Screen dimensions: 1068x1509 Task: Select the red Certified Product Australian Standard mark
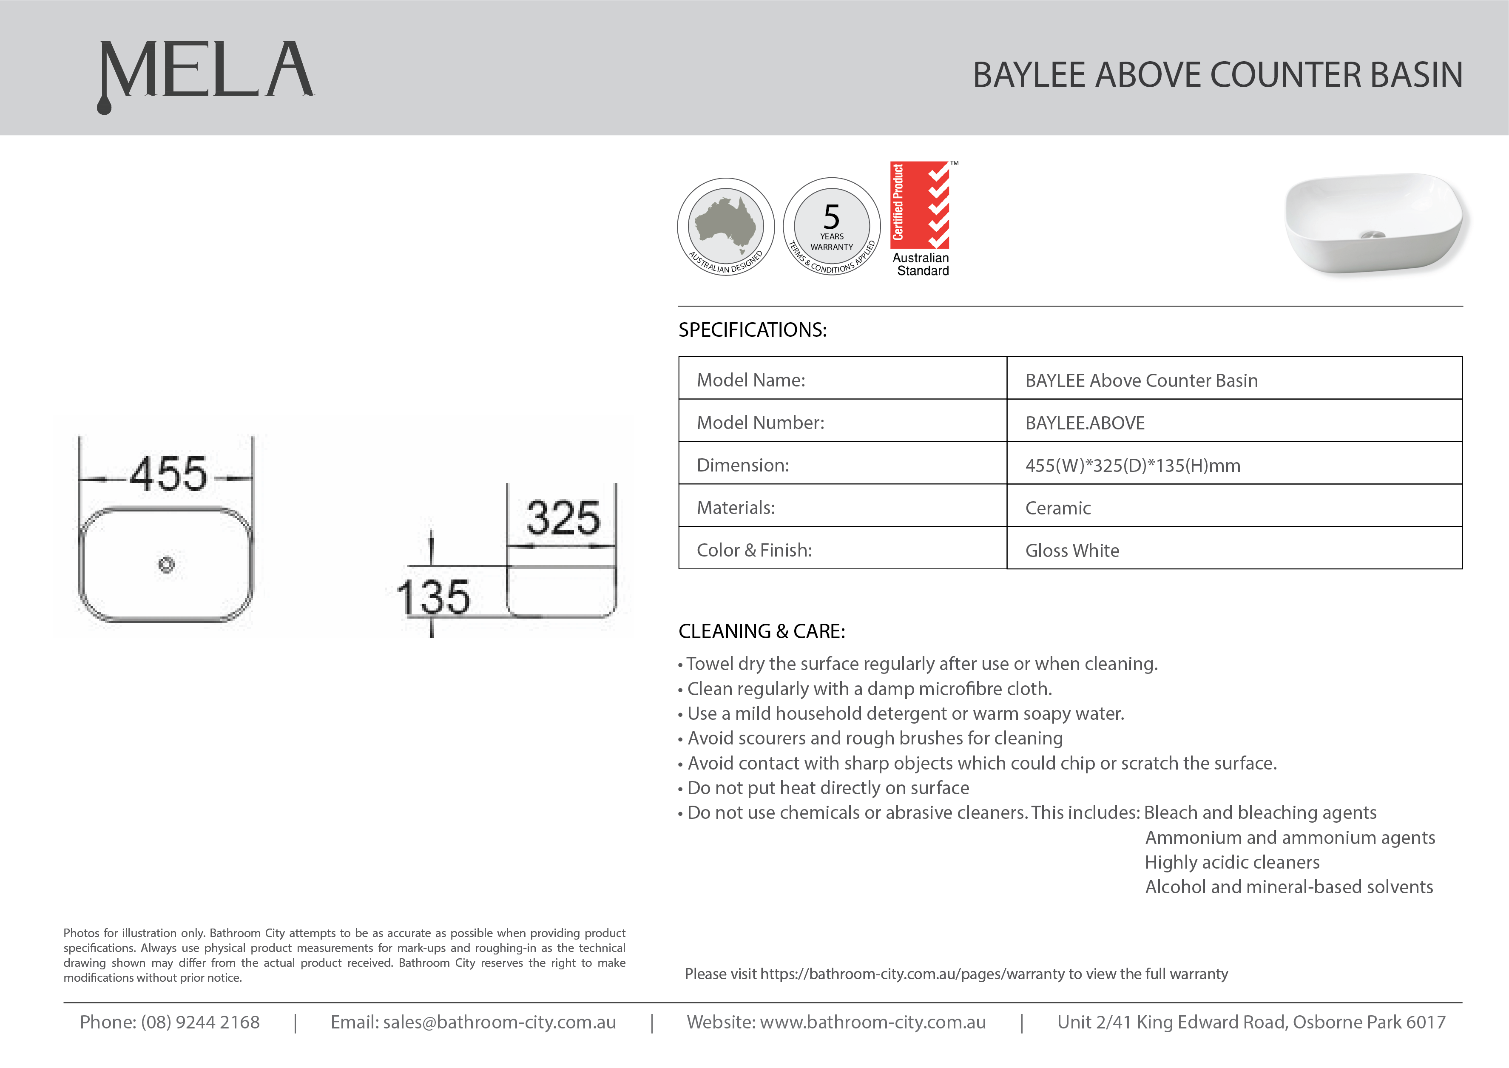pos(921,219)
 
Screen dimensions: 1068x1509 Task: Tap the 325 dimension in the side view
pos(563,518)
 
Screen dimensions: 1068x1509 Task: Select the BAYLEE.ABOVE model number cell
pos(1085,423)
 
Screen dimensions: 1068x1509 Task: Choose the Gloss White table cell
pos(1072,551)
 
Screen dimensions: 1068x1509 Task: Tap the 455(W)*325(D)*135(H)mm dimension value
pos(1133,466)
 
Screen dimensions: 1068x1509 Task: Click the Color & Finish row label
pos(754,551)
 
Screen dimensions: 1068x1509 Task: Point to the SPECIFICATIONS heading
pos(752,329)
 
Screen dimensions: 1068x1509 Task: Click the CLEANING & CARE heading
pos(762,631)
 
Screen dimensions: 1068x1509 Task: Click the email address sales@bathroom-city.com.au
pos(499,1022)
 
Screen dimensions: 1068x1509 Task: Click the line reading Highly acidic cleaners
pos(1232,862)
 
